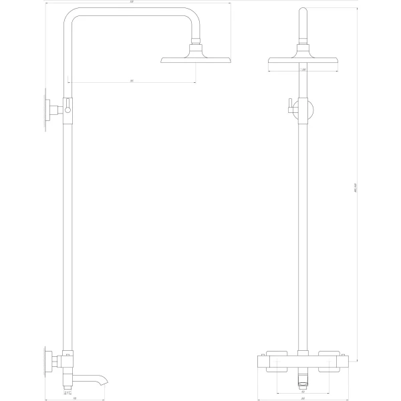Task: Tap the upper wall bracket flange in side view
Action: (47, 110)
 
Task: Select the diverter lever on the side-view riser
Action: (68, 108)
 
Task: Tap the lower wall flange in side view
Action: (47, 363)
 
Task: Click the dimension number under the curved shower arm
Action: (132, 81)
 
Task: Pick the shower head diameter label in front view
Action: (303, 69)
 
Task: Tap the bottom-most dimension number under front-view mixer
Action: (303, 398)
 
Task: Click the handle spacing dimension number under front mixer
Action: (303, 392)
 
